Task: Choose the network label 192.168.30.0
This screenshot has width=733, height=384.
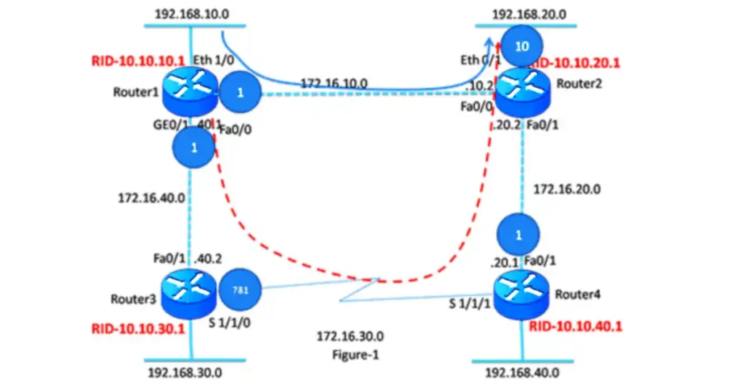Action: click(x=185, y=373)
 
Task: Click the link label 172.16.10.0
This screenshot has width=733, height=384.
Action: click(x=334, y=85)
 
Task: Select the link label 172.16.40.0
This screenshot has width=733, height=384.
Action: click(x=151, y=196)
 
